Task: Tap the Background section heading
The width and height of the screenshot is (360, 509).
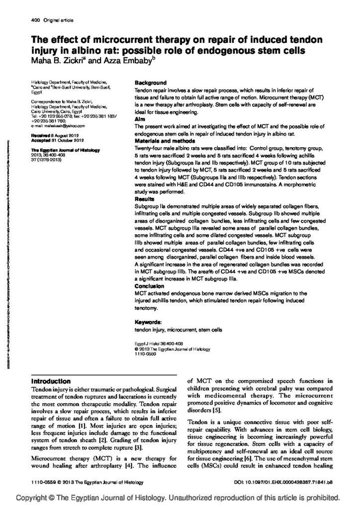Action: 151,83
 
